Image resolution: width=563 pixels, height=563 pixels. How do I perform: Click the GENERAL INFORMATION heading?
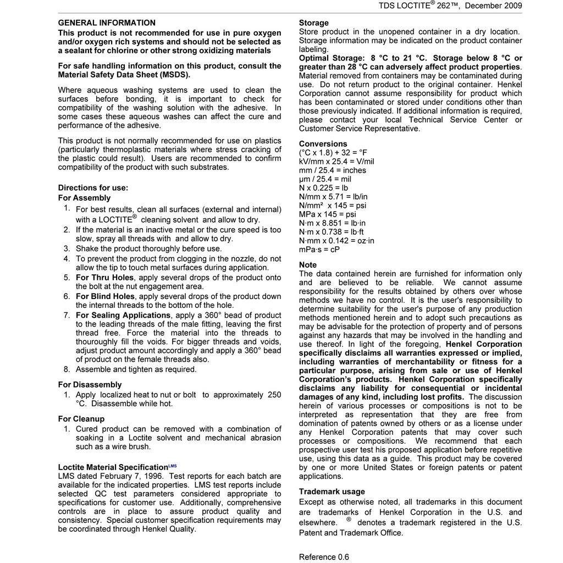click(107, 23)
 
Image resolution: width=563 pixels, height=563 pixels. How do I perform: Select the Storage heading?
click(313, 23)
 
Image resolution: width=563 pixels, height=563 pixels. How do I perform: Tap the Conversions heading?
click(323, 144)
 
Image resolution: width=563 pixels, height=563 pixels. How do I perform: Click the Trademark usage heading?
click(332, 492)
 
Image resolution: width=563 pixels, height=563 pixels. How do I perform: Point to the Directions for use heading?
click(93, 188)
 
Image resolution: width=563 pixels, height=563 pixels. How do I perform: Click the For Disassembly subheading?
click(90, 385)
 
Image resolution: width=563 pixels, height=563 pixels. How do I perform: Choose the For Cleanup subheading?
click(81, 419)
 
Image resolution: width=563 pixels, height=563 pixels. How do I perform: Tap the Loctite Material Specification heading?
click(113, 467)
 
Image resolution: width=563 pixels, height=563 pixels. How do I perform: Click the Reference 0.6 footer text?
click(324, 557)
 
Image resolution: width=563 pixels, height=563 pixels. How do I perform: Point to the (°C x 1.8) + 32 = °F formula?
click(333, 153)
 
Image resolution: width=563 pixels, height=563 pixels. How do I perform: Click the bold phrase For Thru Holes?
click(104, 278)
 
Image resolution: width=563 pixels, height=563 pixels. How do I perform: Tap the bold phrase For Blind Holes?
click(106, 296)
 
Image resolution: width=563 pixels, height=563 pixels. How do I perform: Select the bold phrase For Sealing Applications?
click(123, 316)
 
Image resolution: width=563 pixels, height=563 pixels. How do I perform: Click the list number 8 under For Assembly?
click(67, 369)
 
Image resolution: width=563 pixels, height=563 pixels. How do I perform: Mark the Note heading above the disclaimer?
click(307, 265)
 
